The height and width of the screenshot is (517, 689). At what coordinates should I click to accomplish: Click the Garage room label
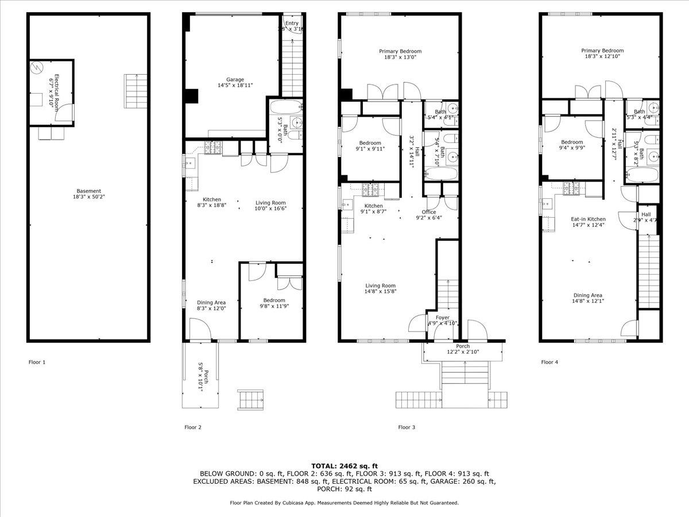click(235, 79)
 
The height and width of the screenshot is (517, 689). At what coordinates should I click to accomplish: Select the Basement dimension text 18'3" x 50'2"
click(89, 197)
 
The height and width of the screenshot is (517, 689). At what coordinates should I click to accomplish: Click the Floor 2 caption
click(192, 427)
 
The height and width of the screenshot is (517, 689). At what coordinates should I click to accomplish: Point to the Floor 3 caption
click(407, 427)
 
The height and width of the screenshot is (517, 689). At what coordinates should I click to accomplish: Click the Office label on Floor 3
click(429, 212)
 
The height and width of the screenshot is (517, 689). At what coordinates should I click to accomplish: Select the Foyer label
click(442, 317)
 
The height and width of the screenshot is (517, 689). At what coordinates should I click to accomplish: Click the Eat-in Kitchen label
click(588, 219)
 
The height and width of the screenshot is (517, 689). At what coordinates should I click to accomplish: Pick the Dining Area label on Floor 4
click(587, 295)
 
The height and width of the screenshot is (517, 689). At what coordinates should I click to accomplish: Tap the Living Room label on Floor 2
click(270, 203)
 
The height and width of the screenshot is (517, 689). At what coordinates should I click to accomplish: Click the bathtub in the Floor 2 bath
click(285, 107)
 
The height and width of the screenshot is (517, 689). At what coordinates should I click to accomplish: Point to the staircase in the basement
click(136, 91)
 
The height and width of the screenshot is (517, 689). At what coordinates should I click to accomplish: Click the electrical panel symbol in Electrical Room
click(36, 68)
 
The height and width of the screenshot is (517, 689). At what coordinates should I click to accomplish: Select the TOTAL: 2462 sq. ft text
click(344, 465)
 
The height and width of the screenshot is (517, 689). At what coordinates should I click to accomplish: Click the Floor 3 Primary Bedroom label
click(400, 51)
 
